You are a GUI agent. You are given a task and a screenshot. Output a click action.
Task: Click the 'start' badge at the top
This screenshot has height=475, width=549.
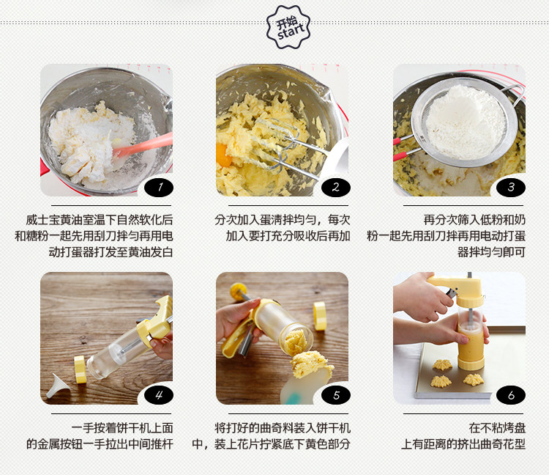tap(288, 27)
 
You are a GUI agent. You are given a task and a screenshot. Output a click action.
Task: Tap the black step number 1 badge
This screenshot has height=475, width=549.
tap(159, 187)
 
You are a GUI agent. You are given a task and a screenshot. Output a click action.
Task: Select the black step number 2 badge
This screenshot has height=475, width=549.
tap(336, 187)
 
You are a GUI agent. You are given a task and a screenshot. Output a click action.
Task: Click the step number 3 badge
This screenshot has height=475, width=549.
tap(511, 187)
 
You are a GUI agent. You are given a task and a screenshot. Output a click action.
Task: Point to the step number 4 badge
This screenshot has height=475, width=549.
tap(159, 395)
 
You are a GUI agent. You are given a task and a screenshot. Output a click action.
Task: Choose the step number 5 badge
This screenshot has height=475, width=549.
tap(336, 395)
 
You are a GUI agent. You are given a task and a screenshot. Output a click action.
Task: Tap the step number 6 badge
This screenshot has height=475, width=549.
tap(511, 395)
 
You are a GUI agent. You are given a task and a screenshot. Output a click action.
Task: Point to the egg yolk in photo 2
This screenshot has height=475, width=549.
tap(223, 155)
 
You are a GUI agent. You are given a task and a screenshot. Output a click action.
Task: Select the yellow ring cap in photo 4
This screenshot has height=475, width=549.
tap(80, 369)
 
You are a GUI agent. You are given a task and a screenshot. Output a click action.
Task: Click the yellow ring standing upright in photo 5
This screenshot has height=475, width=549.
tap(320, 316)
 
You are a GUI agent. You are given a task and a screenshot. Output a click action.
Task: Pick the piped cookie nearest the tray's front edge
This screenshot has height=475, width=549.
tap(441, 381)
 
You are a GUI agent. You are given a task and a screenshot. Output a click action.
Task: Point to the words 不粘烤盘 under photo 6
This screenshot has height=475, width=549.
tap(503, 428)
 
